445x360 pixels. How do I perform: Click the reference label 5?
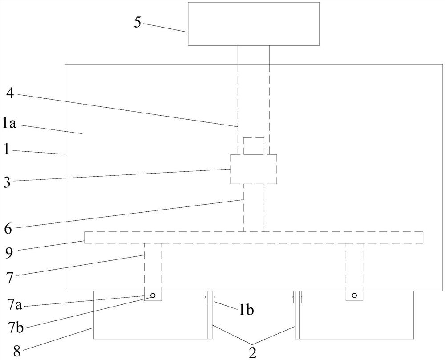[138, 23]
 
